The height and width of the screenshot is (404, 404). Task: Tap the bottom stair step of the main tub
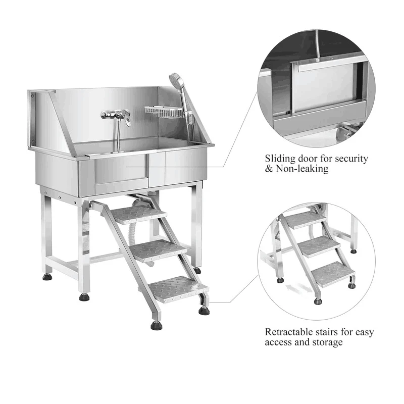tap(178, 288)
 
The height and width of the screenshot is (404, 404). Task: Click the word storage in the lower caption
tap(326, 342)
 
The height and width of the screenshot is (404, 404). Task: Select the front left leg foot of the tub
tap(84, 297)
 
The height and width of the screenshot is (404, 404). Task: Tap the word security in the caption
tap(351, 159)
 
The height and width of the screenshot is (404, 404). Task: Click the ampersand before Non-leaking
tap(269, 169)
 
